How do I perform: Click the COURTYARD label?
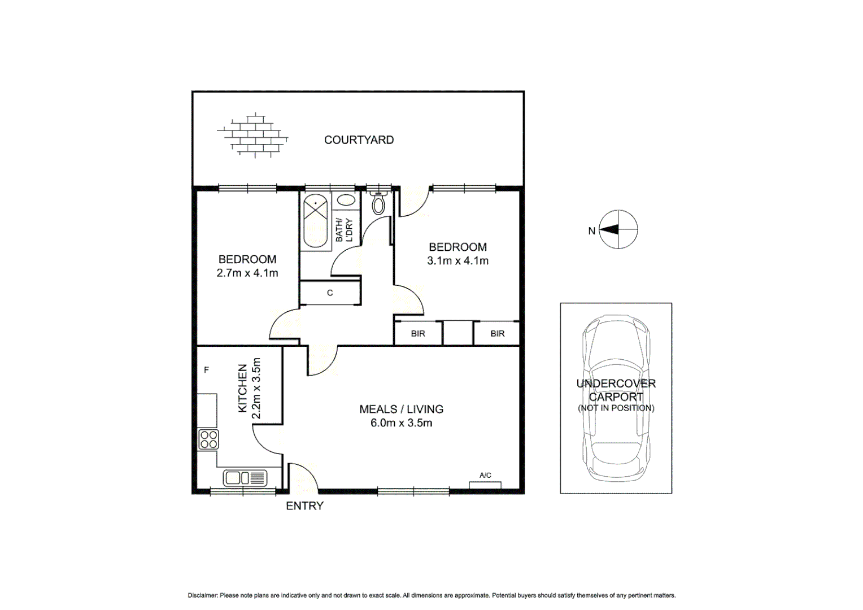point(359,140)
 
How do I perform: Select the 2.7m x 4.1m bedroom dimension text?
point(247,273)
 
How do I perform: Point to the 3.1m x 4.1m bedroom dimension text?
point(457,261)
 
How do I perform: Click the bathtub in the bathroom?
point(316,221)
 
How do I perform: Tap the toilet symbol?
point(379,204)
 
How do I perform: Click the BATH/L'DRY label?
point(343,230)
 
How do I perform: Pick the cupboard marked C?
point(330,293)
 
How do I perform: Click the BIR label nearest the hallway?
point(418,334)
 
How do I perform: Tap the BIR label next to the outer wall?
point(498,334)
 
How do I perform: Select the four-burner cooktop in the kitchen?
point(208,439)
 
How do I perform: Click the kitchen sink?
point(245,478)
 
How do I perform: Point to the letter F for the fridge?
point(207,370)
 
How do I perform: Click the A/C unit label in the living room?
point(485,476)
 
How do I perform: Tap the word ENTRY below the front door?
point(304,506)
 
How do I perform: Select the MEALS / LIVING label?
point(402,409)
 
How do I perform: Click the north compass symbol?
point(618,229)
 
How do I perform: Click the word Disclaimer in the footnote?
point(202,595)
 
